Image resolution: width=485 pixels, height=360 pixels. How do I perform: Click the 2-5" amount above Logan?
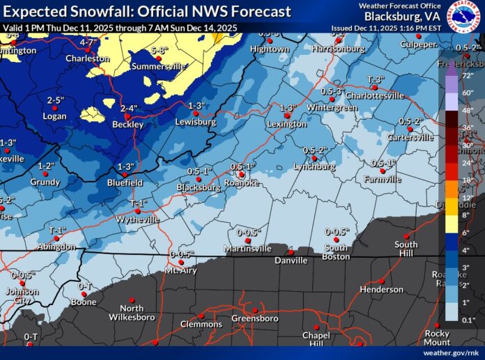point(55,100)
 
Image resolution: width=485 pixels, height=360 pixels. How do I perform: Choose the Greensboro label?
point(254,318)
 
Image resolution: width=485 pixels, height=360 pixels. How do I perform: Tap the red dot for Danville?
point(291,251)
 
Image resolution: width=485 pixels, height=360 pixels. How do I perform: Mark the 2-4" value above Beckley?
point(128,108)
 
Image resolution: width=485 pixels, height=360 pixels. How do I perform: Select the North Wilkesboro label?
point(131,313)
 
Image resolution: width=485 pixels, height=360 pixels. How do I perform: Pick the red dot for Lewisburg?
point(196,114)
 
